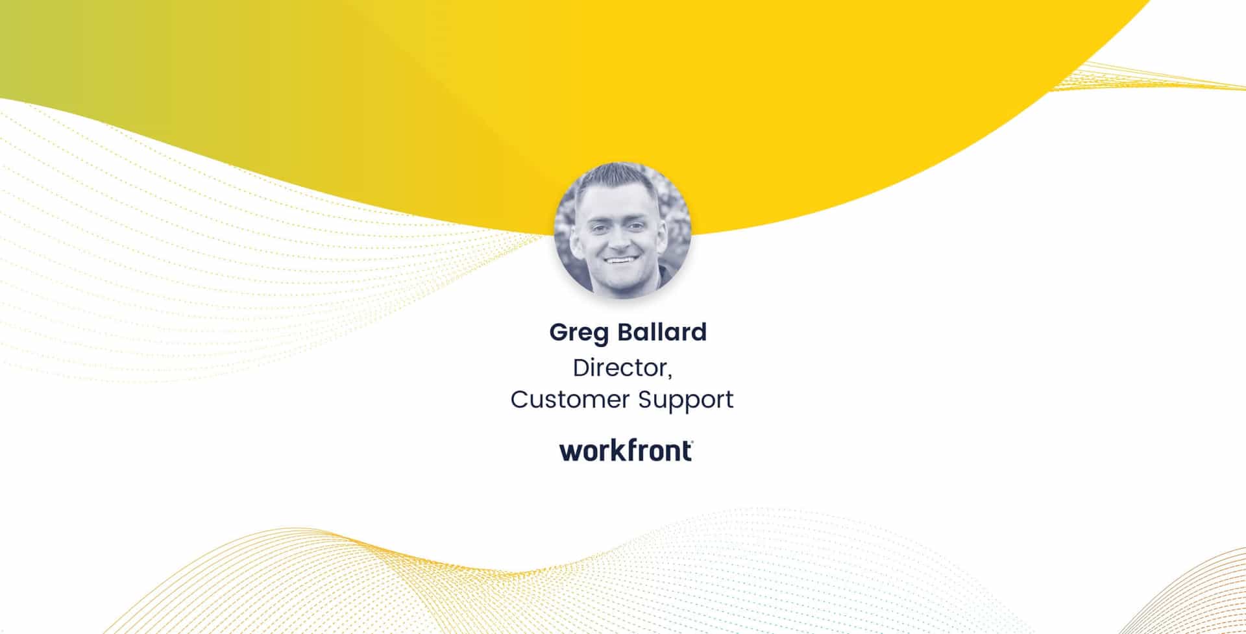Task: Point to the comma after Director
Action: tap(669, 376)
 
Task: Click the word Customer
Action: tap(570, 399)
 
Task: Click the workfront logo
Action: tap(626, 450)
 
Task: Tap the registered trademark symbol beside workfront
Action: tap(692, 443)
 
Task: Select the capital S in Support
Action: tap(645, 399)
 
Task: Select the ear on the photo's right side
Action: tap(660, 224)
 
